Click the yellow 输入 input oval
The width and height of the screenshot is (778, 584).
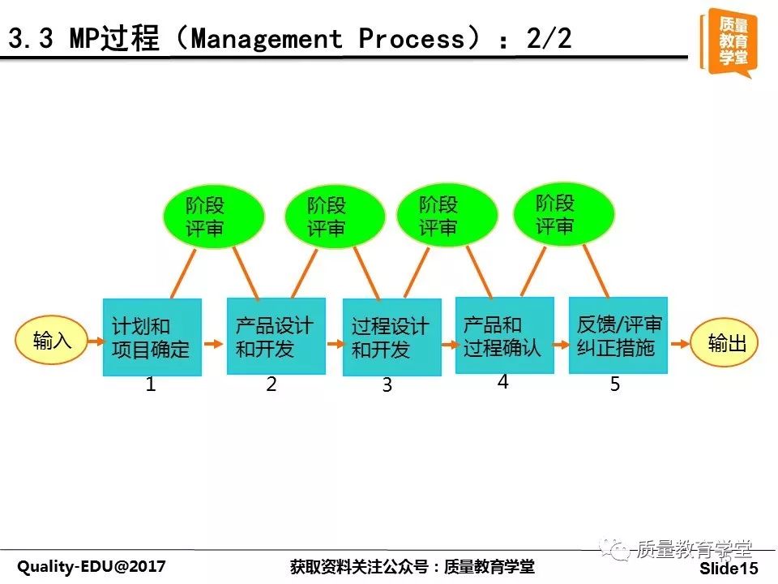coord(52,340)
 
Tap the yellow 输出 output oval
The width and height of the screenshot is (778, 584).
coord(724,342)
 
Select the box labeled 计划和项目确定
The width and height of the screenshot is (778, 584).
coord(152,337)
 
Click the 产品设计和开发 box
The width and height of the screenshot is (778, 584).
coord(276,336)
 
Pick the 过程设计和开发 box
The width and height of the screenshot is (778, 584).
coord(392,337)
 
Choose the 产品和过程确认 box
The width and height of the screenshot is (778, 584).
coord(505,335)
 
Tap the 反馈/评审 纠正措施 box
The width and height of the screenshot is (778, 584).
coord(618,335)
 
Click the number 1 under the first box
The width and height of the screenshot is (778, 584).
coord(151,384)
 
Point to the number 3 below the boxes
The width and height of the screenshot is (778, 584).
coord(387,384)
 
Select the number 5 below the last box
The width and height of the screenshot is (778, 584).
coord(615,384)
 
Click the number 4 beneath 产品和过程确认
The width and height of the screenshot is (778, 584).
coord(502,382)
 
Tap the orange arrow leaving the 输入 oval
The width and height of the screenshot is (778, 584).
coord(96,341)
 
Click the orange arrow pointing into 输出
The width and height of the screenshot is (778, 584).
coord(680,344)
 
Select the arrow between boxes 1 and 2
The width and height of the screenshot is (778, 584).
coord(214,344)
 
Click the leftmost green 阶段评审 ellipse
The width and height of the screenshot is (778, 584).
coord(213,217)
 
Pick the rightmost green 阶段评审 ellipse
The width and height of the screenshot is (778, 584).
coord(564,214)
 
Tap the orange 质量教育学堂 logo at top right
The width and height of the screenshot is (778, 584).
coord(729,43)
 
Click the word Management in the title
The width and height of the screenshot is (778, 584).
coord(267,38)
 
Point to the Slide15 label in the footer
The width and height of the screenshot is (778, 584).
coord(729,568)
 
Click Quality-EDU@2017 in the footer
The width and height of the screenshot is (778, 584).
coord(92,566)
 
